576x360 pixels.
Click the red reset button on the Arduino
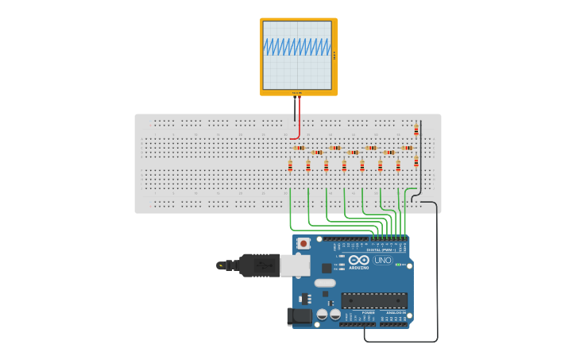click(x=303, y=243)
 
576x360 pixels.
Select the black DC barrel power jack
click(x=299, y=316)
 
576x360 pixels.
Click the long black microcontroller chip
click(x=374, y=300)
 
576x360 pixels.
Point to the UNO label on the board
click(x=383, y=260)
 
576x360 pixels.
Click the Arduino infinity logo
click(x=358, y=260)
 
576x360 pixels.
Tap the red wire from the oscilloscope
click(x=299, y=119)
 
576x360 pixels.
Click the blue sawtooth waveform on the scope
click(x=297, y=48)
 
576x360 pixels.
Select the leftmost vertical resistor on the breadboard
click(x=290, y=165)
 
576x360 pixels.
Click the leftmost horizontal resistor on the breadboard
click(x=299, y=148)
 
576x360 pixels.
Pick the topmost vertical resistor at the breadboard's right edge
click(x=416, y=130)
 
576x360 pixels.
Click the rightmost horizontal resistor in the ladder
click(x=408, y=148)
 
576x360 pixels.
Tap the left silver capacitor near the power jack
click(x=322, y=314)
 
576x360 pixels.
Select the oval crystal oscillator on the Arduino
click(x=325, y=283)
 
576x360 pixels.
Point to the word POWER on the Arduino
click(x=368, y=313)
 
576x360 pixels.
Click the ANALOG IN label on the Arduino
click(x=394, y=313)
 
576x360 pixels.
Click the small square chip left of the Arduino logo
click(x=327, y=268)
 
